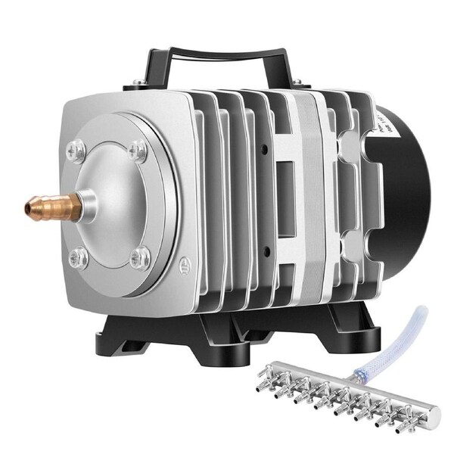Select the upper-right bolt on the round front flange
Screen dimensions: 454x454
tap(137, 151)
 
